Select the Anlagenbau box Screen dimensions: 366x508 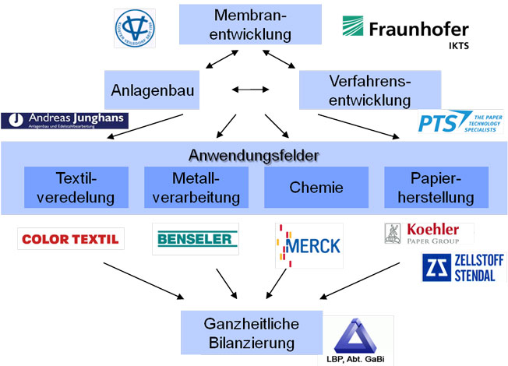click(150, 90)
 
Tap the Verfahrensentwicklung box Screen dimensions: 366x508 click(369, 90)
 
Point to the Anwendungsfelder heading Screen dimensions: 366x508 click(254, 154)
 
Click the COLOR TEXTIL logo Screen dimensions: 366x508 click(70, 239)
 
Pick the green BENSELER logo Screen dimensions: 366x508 click(195, 239)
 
